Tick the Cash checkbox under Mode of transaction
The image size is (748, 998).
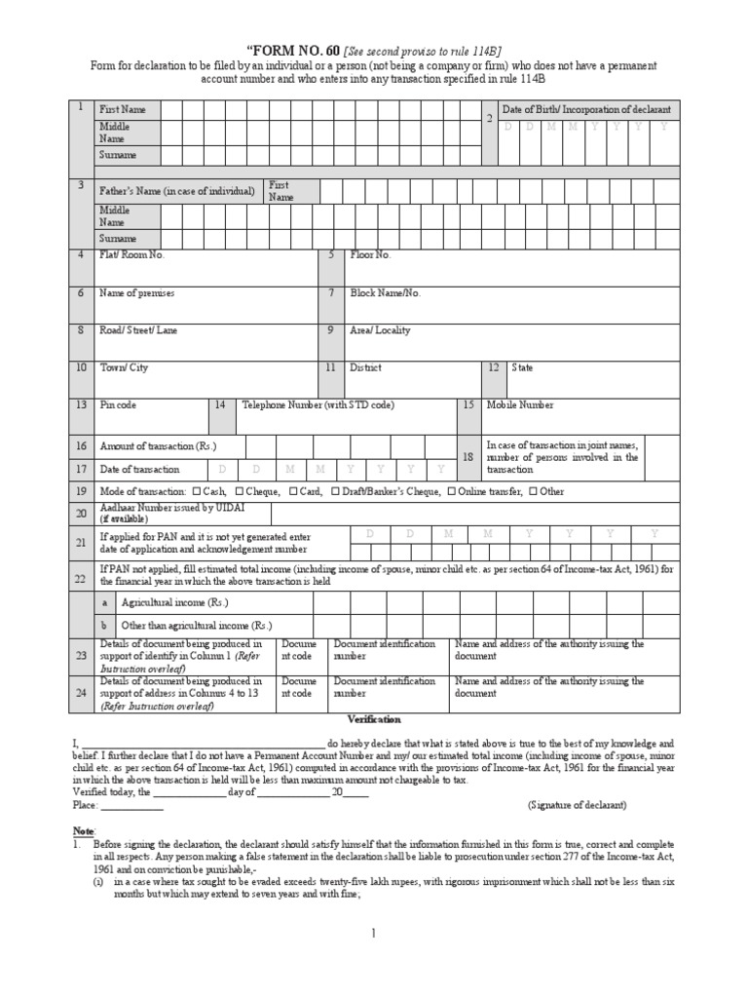(197, 492)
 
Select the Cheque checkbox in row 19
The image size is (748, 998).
(239, 492)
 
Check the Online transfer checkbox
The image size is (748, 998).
(451, 492)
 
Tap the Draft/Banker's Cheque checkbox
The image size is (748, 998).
(335, 492)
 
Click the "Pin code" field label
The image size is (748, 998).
(119, 404)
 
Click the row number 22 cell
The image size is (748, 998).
(81, 579)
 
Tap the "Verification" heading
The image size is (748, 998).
(374, 719)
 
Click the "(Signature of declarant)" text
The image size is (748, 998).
(578, 805)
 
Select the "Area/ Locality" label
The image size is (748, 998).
(380, 330)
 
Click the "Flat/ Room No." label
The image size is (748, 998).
(132, 254)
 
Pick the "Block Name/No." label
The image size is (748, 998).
(386, 292)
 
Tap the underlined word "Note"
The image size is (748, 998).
(84, 829)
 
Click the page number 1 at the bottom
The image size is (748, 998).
(373, 933)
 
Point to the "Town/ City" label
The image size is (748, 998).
(124, 368)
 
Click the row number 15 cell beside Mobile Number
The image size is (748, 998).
(468, 404)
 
